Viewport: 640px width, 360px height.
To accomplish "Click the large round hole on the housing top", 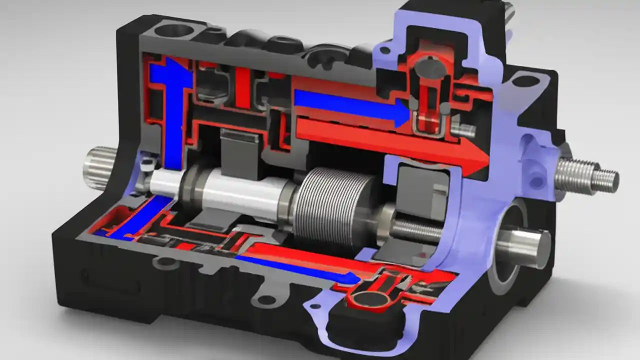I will tap(173, 30).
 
